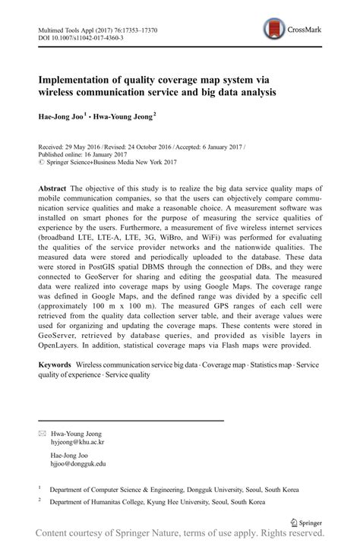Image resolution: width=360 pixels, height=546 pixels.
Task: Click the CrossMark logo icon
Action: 271,30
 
